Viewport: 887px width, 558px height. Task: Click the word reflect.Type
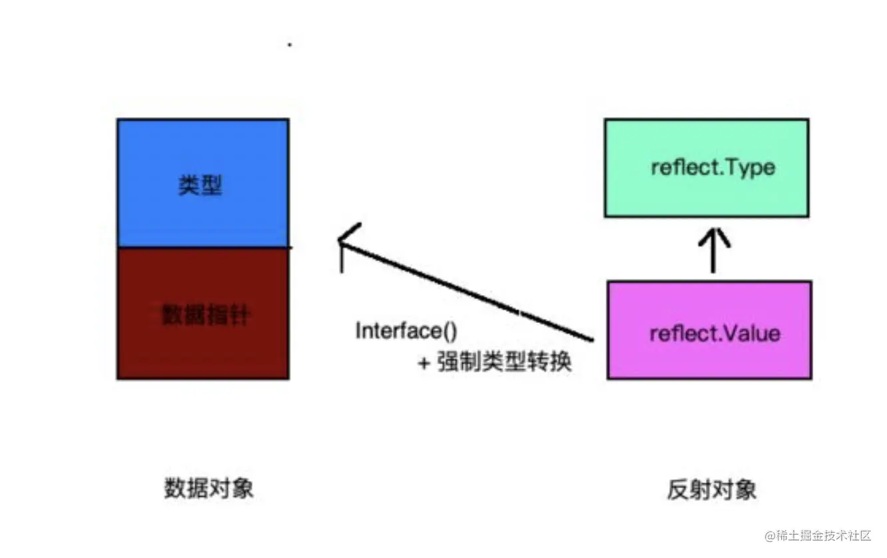(713, 166)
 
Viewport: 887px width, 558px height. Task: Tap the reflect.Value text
(715, 332)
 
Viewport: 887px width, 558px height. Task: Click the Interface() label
(407, 331)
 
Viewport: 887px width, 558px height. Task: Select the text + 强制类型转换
(495, 363)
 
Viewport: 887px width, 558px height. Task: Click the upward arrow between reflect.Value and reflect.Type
(713, 250)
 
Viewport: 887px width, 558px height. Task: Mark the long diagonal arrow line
(466, 291)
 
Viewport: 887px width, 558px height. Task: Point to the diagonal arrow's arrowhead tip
(340, 240)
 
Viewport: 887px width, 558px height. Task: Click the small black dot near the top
(290, 45)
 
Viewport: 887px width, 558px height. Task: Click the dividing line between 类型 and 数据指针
(202, 248)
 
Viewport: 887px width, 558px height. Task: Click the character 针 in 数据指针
(238, 315)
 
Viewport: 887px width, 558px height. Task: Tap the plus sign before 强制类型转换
(424, 364)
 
